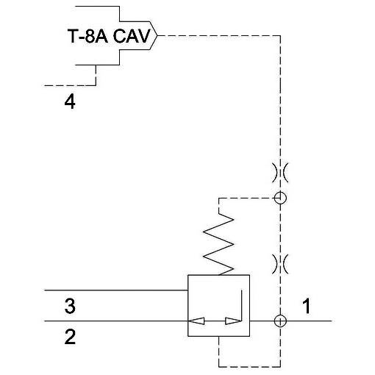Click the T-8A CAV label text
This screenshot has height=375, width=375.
(x=109, y=36)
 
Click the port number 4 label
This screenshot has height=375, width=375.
(x=70, y=102)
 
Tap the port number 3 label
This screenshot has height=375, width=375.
(x=70, y=306)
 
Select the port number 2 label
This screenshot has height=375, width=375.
(x=70, y=337)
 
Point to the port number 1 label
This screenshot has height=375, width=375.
(x=307, y=306)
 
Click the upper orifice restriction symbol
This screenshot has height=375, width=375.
(x=280, y=173)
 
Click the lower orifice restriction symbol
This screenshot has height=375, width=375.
(x=280, y=264)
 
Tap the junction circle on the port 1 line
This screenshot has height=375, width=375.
(x=280, y=321)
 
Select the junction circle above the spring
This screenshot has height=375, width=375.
(x=280, y=198)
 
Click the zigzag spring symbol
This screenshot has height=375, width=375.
(x=218, y=244)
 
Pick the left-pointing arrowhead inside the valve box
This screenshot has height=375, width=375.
(x=196, y=321)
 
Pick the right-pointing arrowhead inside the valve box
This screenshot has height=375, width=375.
(x=233, y=321)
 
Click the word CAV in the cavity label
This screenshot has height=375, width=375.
(x=132, y=36)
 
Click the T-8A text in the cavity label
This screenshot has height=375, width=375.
(x=87, y=36)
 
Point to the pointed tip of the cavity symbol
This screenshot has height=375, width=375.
(x=157, y=36)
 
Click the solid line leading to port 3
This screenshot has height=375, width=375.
(x=116, y=290)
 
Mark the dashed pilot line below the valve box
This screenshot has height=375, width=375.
(x=249, y=367)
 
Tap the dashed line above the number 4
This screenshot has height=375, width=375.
(x=70, y=85)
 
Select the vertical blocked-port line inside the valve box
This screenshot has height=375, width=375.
(x=241, y=305)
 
